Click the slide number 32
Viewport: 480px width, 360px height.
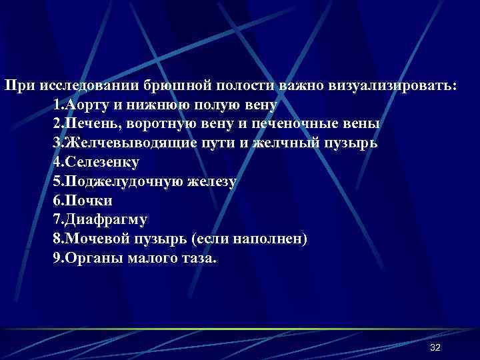436,348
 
